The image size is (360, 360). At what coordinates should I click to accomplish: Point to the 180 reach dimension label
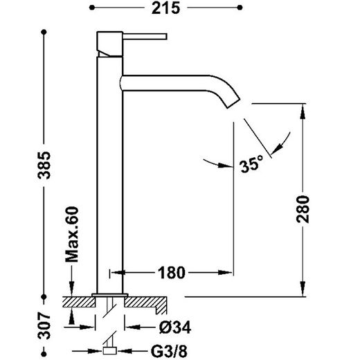[x=171, y=272]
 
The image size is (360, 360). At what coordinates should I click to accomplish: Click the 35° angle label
[x=251, y=165]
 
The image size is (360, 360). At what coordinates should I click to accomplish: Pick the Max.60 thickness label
[x=71, y=234]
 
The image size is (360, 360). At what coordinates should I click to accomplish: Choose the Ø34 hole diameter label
[x=174, y=324]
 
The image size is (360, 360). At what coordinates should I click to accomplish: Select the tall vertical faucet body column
[x=109, y=173]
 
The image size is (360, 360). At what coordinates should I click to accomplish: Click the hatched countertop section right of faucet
[x=149, y=302]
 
